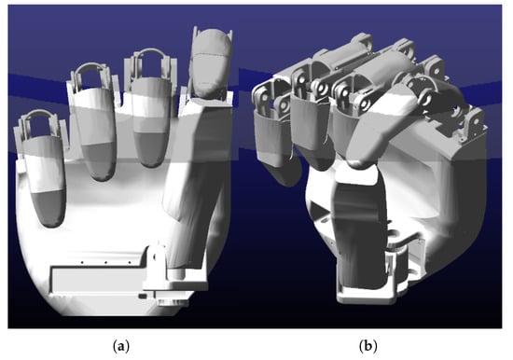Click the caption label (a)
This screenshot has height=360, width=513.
(121, 346)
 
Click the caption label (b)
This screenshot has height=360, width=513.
(368, 346)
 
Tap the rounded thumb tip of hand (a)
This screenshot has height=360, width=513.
(210, 62)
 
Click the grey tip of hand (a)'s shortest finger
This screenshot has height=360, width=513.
(49, 209)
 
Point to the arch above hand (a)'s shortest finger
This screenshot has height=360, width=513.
(38, 114)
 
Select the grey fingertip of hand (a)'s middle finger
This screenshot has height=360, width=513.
(99, 161)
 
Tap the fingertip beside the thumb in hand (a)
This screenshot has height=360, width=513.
(151, 150)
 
